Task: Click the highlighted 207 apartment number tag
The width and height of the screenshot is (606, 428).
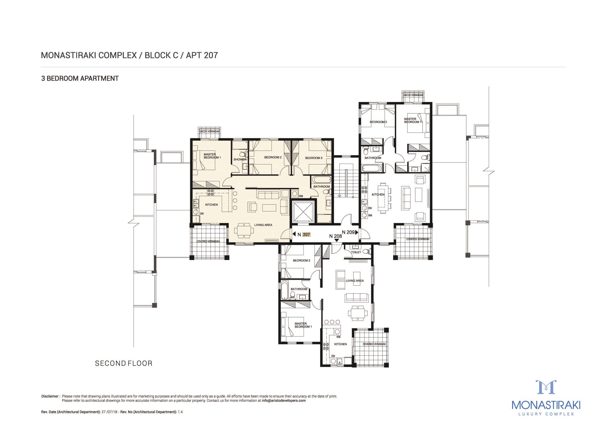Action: [x=306, y=234]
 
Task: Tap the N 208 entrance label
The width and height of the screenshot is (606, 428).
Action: [x=336, y=236]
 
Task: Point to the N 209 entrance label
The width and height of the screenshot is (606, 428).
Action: [x=348, y=232]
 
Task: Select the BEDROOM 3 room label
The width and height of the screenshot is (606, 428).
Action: [x=314, y=158]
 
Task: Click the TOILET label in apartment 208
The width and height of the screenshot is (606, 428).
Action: [x=356, y=252]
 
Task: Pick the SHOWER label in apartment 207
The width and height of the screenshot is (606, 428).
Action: [x=240, y=160]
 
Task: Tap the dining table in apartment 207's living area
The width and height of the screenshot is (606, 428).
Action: [x=244, y=230]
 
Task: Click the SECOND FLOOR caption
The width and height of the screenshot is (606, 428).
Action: [x=124, y=363]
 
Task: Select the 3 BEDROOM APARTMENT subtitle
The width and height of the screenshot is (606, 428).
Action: [x=80, y=78]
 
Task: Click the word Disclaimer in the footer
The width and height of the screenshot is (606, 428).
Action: [x=50, y=396]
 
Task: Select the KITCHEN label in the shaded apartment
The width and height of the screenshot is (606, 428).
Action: [x=211, y=205]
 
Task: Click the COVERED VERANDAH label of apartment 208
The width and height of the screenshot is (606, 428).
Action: [x=374, y=344]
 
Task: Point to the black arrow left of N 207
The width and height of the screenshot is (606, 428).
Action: [x=294, y=234]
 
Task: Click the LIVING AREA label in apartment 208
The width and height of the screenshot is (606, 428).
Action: [x=355, y=281]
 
